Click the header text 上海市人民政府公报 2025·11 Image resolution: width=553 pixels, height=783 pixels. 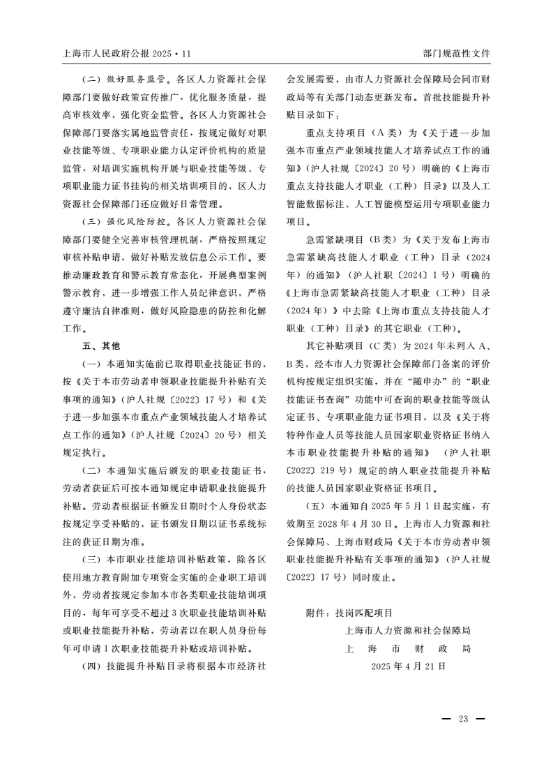point(126,53)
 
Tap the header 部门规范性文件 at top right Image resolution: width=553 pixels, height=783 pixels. point(456,53)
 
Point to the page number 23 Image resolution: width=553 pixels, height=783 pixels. point(463,719)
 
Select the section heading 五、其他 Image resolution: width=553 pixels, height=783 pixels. point(102,345)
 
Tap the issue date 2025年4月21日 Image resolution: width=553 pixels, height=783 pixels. point(408,666)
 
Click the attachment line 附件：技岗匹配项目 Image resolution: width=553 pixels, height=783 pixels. point(349,613)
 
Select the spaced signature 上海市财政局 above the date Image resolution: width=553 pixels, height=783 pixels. point(408,648)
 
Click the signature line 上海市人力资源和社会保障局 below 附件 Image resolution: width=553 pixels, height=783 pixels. point(408,631)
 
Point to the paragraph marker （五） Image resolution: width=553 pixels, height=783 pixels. point(316,505)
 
